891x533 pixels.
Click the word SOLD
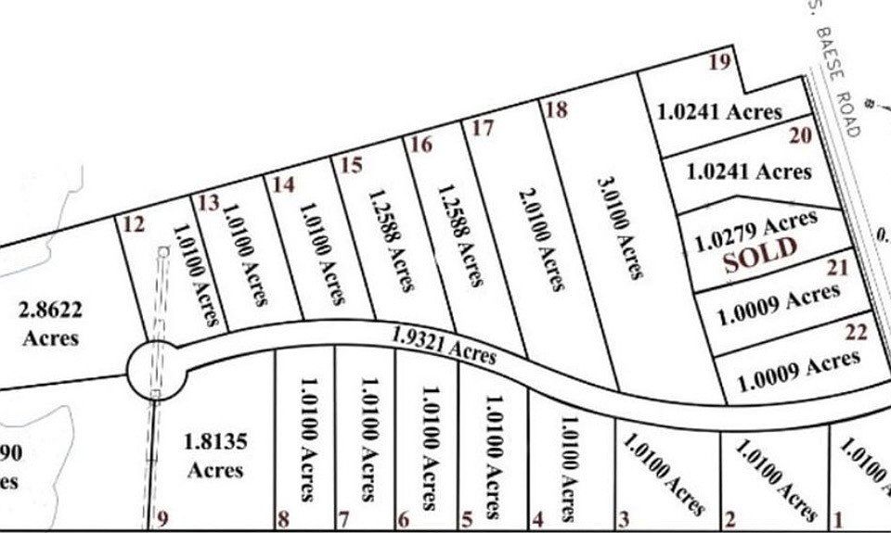click(x=760, y=252)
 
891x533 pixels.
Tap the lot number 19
click(x=719, y=63)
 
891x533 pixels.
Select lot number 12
click(x=134, y=223)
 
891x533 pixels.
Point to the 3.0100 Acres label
click(x=620, y=226)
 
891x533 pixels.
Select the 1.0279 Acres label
click(x=756, y=228)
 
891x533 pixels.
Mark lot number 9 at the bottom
click(x=164, y=519)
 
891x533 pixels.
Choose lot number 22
click(x=856, y=332)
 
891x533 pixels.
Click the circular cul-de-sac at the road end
click(x=157, y=369)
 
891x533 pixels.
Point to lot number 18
click(x=556, y=109)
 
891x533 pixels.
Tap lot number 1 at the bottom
click(x=840, y=520)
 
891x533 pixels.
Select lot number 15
click(x=351, y=166)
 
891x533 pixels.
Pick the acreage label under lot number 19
click(x=719, y=112)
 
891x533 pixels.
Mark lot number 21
click(x=838, y=270)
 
